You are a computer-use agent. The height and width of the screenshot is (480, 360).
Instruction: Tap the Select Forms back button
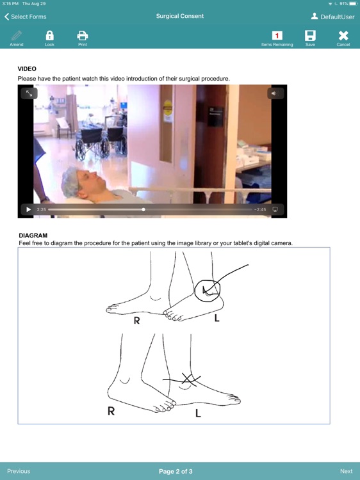[x=26, y=17]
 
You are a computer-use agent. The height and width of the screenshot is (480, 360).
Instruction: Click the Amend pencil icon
[x=17, y=36]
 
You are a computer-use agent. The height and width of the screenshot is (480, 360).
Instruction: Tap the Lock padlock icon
[x=49, y=36]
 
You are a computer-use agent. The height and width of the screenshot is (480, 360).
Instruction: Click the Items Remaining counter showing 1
[x=277, y=36]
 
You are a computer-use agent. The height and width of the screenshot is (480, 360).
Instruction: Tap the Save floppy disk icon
[x=310, y=36]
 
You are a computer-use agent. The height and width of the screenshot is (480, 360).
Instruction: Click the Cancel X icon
[x=343, y=36]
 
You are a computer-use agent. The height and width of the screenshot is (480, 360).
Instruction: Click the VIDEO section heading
[x=27, y=68]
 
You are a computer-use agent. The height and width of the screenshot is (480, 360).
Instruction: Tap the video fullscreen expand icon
[x=29, y=93]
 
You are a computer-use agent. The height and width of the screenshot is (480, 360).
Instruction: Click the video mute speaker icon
[x=274, y=93]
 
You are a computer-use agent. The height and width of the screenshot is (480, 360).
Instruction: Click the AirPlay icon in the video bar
[x=275, y=209]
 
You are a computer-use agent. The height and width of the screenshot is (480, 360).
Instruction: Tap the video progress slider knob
[x=143, y=209]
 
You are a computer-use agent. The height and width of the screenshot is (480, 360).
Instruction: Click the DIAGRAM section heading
[x=33, y=236]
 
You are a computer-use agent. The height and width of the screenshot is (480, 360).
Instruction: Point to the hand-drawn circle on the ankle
[x=208, y=290]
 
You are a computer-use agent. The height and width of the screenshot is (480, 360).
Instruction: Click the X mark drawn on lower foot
[x=186, y=380]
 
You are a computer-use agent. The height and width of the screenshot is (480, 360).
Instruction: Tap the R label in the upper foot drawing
[x=136, y=321]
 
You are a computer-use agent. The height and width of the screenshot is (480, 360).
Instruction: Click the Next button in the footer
[x=346, y=471]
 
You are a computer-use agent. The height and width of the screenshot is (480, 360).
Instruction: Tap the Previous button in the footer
[x=19, y=471]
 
